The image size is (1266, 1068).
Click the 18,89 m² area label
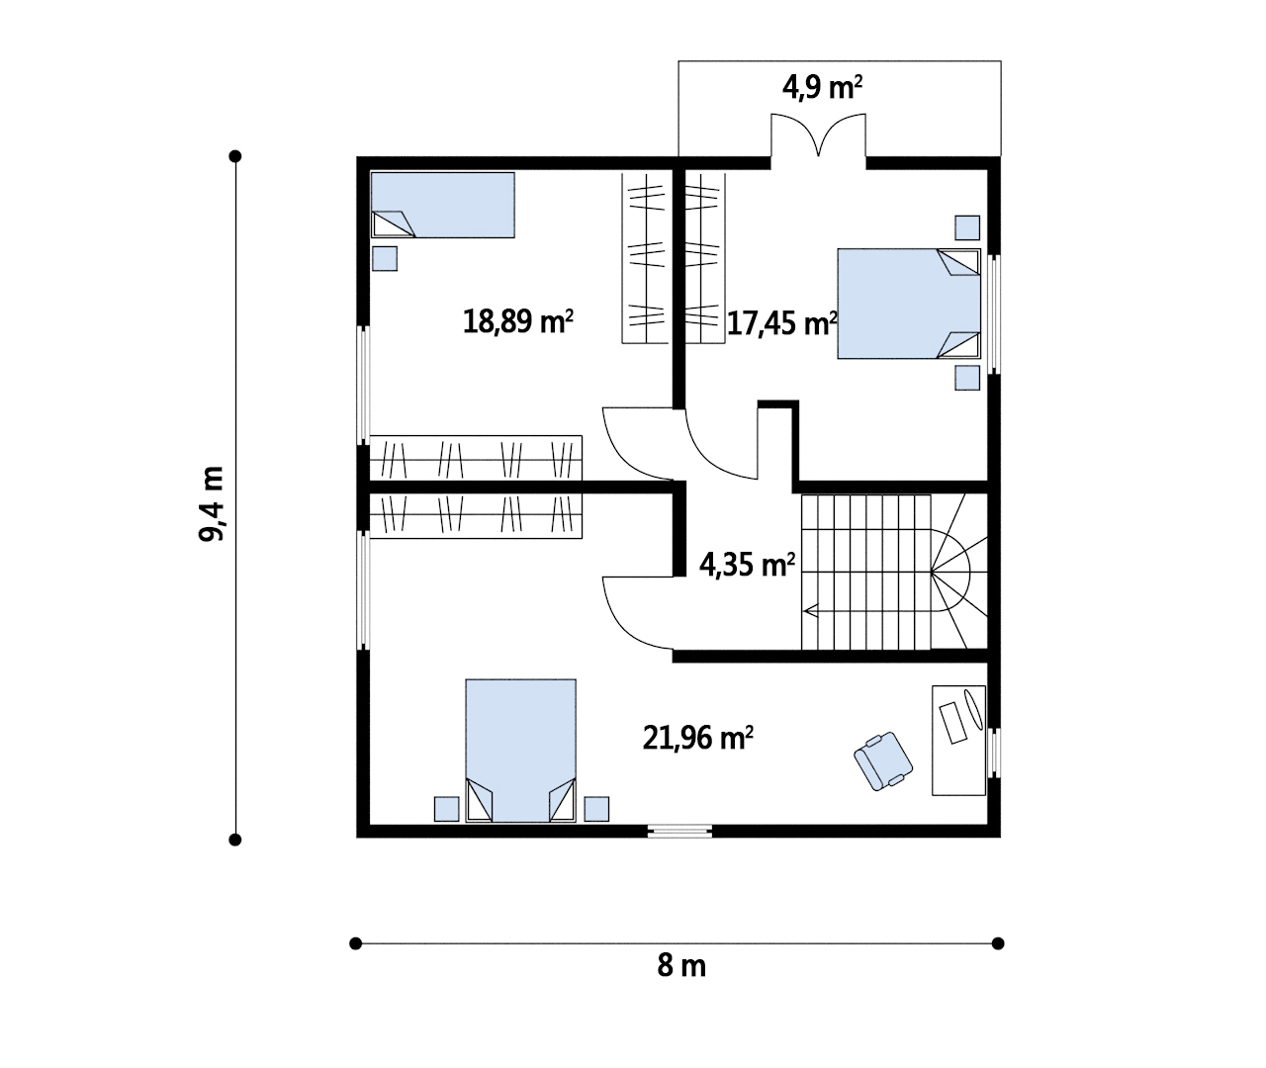coord(518,321)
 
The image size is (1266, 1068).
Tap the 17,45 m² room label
coord(782,322)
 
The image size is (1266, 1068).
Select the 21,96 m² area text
coord(698,738)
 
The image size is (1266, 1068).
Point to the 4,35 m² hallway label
coord(747,565)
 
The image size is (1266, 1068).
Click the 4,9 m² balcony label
coord(822,87)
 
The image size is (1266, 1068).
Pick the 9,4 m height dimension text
coord(212,503)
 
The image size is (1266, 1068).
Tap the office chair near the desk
coord(883,760)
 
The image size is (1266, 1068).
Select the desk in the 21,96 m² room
coord(958,740)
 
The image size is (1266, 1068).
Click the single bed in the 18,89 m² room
coord(443,205)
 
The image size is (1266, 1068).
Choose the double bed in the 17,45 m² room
coord(909,303)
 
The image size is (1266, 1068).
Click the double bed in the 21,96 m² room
coord(521,751)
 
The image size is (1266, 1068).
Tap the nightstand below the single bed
coord(385,258)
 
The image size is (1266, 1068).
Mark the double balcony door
coord(819,135)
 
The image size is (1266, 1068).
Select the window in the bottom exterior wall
coord(679,831)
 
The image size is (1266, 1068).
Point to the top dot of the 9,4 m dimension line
coord(235,156)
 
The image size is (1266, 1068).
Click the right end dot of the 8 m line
coord(998,943)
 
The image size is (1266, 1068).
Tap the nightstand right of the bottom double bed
coord(596,809)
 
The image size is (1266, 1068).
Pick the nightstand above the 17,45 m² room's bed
coord(967,227)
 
